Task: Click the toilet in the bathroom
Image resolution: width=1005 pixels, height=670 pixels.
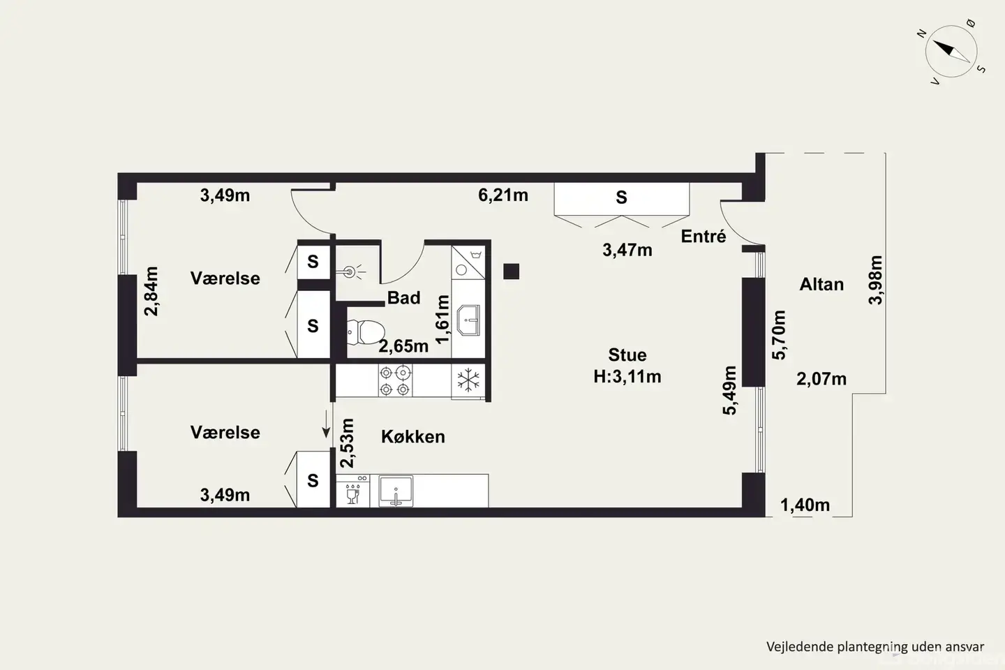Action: [x=365, y=332]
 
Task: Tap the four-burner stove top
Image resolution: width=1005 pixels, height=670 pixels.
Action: [x=395, y=380]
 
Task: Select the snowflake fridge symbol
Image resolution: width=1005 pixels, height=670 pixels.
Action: [x=468, y=380]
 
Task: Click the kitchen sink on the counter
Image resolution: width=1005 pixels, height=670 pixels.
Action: [x=396, y=491]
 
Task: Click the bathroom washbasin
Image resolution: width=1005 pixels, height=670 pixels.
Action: [x=468, y=320]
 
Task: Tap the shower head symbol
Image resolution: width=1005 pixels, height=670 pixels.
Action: [x=350, y=271]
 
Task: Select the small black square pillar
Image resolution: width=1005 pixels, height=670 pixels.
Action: [x=511, y=271]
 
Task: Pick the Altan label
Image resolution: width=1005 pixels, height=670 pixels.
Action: [x=821, y=285]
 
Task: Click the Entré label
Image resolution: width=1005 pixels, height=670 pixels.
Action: [x=703, y=237]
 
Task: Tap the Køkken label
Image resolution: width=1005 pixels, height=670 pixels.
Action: [x=412, y=437]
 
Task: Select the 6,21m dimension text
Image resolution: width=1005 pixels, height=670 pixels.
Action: [x=503, y=195]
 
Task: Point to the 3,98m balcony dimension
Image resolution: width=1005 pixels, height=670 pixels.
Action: [x=875, y=280]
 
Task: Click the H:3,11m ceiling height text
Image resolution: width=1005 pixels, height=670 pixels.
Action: [x=627, y=376]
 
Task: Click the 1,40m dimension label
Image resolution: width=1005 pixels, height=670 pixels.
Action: [x=805, y=505]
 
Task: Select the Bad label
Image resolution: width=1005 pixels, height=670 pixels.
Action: [x=403, y=297]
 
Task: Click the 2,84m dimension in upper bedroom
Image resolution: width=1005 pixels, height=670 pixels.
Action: [x=151, y=291]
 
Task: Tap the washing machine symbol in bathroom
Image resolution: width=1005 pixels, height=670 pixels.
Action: [x=468, y=262]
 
